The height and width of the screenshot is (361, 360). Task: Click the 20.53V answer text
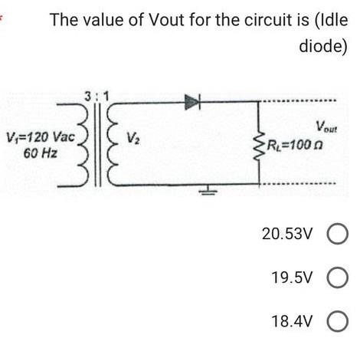288,234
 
